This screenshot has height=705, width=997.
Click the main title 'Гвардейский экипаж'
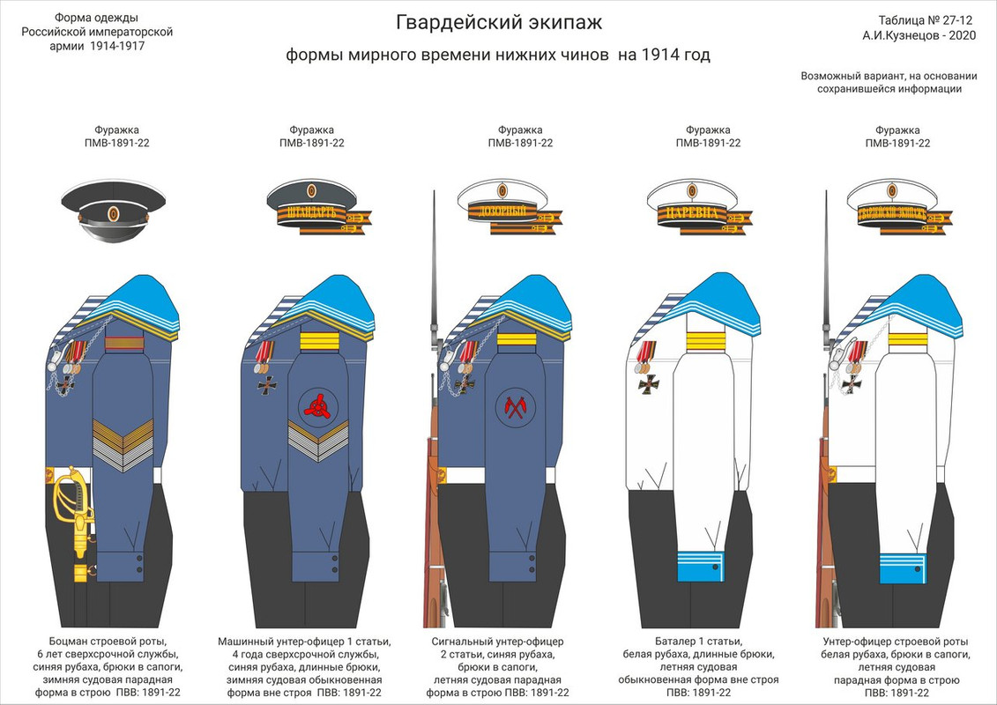pos(498,22)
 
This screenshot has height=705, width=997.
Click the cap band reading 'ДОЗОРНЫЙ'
pos(500,212)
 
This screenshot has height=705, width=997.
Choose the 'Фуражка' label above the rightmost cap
pos(897,130)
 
